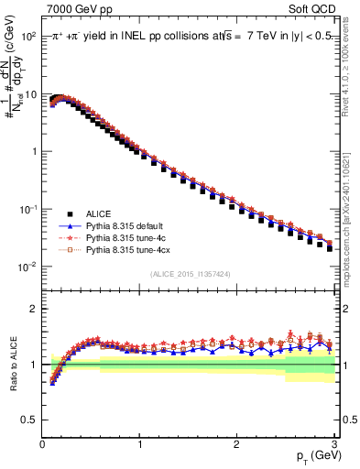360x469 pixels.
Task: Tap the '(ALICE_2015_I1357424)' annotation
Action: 189,273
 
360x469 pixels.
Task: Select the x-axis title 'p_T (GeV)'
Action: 307,455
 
